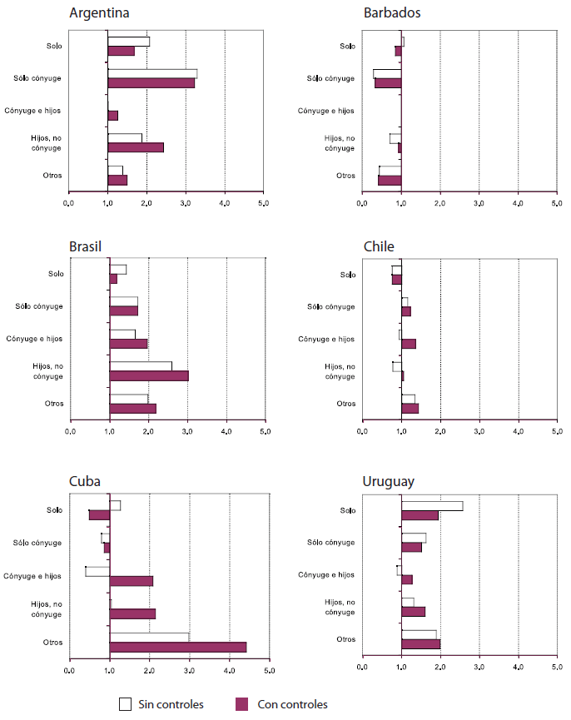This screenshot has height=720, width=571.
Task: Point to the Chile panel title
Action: pyautogui.click(x=379, y=246)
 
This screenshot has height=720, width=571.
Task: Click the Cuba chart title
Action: pyautogui.click(x=87, y=481)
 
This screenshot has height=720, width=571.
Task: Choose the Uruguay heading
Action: pyautogui.click(x=389, y=481)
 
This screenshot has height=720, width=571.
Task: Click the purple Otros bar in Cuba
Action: pyautogui.click(x=178, y=647)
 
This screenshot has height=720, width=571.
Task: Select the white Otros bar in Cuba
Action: pyautogui.click(x=150, y=637)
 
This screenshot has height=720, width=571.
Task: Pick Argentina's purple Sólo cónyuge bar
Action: pyautogui.click(x=151, y=82)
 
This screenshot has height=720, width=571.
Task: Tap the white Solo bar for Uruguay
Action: pyautogui.click(x=432, y=505)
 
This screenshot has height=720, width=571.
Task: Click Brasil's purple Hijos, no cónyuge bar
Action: pyautogui.click(x=150, y=375)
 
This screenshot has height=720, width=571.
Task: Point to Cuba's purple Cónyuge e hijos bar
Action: pyautogui.click(x=132, y=580)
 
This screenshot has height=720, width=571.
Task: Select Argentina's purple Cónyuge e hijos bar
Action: pyautogui.click(x=113, y=115)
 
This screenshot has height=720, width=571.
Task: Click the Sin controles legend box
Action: pyautogui.click(x=126, y=704)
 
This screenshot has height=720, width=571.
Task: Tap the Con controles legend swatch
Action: pyautogui.click(x=242, y=704)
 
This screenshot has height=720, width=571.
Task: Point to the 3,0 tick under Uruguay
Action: pyautogui.click(x=479, y=667)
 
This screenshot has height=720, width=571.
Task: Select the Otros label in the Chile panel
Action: pyautogui.click(x=345, y=404)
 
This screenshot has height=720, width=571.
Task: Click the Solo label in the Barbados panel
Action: pyautogui.click(x=346, y=46)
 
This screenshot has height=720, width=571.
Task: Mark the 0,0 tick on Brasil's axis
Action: pyautogui.click(x=70, y=432)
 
